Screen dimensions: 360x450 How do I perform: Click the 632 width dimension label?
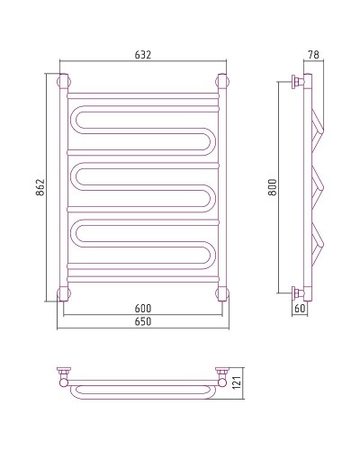pyautogui.click(x=143, y=55)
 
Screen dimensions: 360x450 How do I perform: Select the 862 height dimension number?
pyautogui.click(x=40, y=187)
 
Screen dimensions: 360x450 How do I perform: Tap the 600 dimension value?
pyautogui.click(x=143, y=309)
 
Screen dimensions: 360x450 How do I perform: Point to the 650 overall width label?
pyautogui.click(x=143, y=321)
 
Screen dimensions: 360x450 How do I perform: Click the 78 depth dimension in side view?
pyautogui.click(x=314, y=55)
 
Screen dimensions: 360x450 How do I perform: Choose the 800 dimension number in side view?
pyautogui.click(x=273, y=187)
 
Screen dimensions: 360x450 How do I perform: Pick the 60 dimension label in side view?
pyautogui.click(x=300, y=309)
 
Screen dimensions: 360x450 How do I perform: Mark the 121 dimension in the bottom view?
pyautogui.click(x=237, y=382)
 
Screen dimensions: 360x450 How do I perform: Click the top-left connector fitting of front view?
pyautogui.click(x=64, y=81)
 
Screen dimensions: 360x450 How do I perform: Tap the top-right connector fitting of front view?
pyautogui.click(x=222, y=81)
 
